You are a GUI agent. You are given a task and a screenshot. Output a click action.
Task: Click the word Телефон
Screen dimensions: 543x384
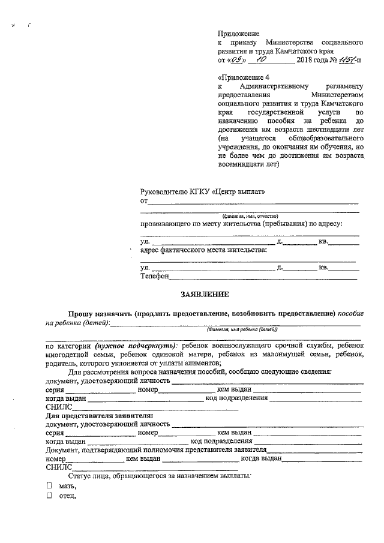pyautogui.click(x=154, y=277)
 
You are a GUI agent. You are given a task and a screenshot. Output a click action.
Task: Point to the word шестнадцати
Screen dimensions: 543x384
pyautogui.click(x=322, y=128)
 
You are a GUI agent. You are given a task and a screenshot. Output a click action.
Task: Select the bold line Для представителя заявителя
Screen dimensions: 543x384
pyautogui.click(x=99, y=415)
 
